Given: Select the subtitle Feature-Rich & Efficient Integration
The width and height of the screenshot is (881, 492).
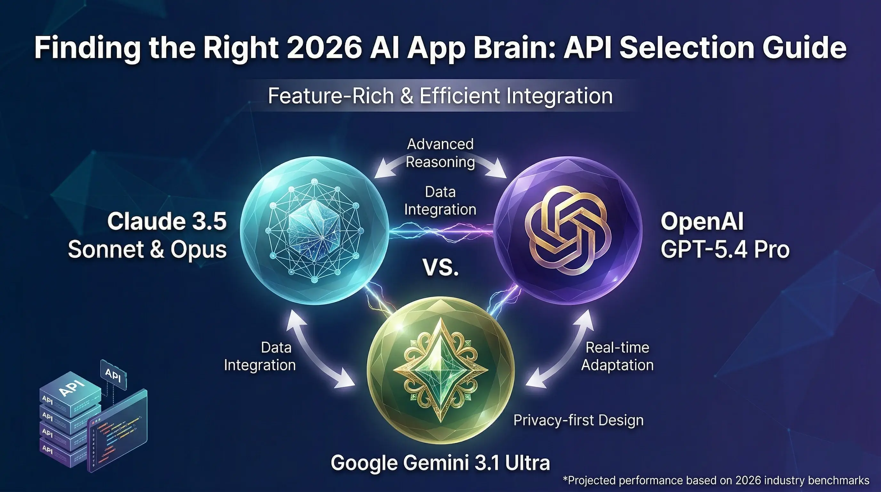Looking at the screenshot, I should point(440,96).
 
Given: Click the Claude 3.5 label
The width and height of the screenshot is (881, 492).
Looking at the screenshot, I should point(167,221).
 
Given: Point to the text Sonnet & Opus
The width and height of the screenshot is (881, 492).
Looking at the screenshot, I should point(147,250).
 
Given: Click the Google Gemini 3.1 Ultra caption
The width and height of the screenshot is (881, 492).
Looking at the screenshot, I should point(440,463).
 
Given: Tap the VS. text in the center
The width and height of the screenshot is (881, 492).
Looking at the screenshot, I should point(440,267).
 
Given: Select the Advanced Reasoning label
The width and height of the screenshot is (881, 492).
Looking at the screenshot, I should point(440,153).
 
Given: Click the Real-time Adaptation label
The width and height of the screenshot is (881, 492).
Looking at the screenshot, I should point(617,356).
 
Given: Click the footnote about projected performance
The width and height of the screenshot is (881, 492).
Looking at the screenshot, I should point(716,480).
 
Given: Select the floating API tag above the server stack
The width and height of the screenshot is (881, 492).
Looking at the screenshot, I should point(113,375).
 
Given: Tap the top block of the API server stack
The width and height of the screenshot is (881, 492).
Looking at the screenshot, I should point(70,390).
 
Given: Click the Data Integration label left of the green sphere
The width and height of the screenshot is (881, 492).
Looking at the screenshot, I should point(260,356).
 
